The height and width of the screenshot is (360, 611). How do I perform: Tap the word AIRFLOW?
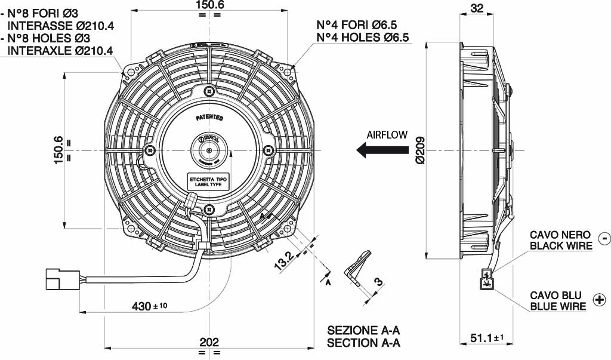pyautogui.click(x=387, y=135)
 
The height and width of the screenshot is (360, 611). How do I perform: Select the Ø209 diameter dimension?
pyautogui.click(x=419, y=149)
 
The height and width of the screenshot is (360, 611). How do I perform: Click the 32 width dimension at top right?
pyautogui.click(x=477, y=8)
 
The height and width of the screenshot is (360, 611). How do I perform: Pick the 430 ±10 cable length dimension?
pyautogui.click(x=150, y=306)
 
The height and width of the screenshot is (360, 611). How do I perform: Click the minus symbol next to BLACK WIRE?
pyautogui.click(x=604, y=238)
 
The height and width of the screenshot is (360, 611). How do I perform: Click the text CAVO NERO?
pyautogui.click(x=560, y=235)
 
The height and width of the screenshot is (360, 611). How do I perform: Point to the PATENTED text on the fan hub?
pyautogui.click(x=209, y=118)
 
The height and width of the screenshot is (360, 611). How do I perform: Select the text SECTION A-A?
pyautogui.click(x=363, y=343)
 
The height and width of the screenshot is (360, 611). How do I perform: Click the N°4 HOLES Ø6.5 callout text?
pyautogui.click(x=362, y=38)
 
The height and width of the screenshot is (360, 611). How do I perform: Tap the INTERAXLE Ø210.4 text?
pyautogui.click(x=60, y=50)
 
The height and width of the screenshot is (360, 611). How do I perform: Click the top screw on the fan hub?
pyautogui.click(x=208, y=91)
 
